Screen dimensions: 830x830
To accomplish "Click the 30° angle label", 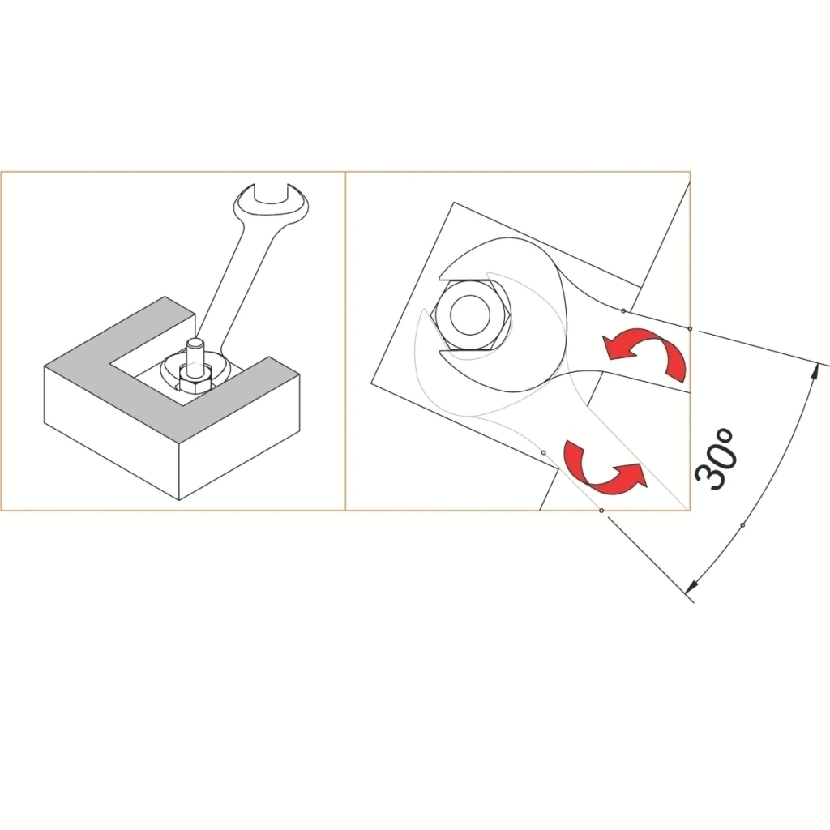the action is tap(716, 459).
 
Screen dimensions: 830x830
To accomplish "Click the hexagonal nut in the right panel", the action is tap(471, 315).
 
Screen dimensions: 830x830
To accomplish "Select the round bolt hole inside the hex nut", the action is tap(470, 315).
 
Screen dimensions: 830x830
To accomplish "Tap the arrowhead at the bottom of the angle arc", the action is tap(691, 587).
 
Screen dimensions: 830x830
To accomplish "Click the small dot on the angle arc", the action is tap(742, 525).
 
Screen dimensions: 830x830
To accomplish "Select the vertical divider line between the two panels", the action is tap(345, 341).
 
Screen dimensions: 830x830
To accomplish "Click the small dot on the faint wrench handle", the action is tap(544, 452).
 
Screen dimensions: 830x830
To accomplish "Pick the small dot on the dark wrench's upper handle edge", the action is tap(623, 310).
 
